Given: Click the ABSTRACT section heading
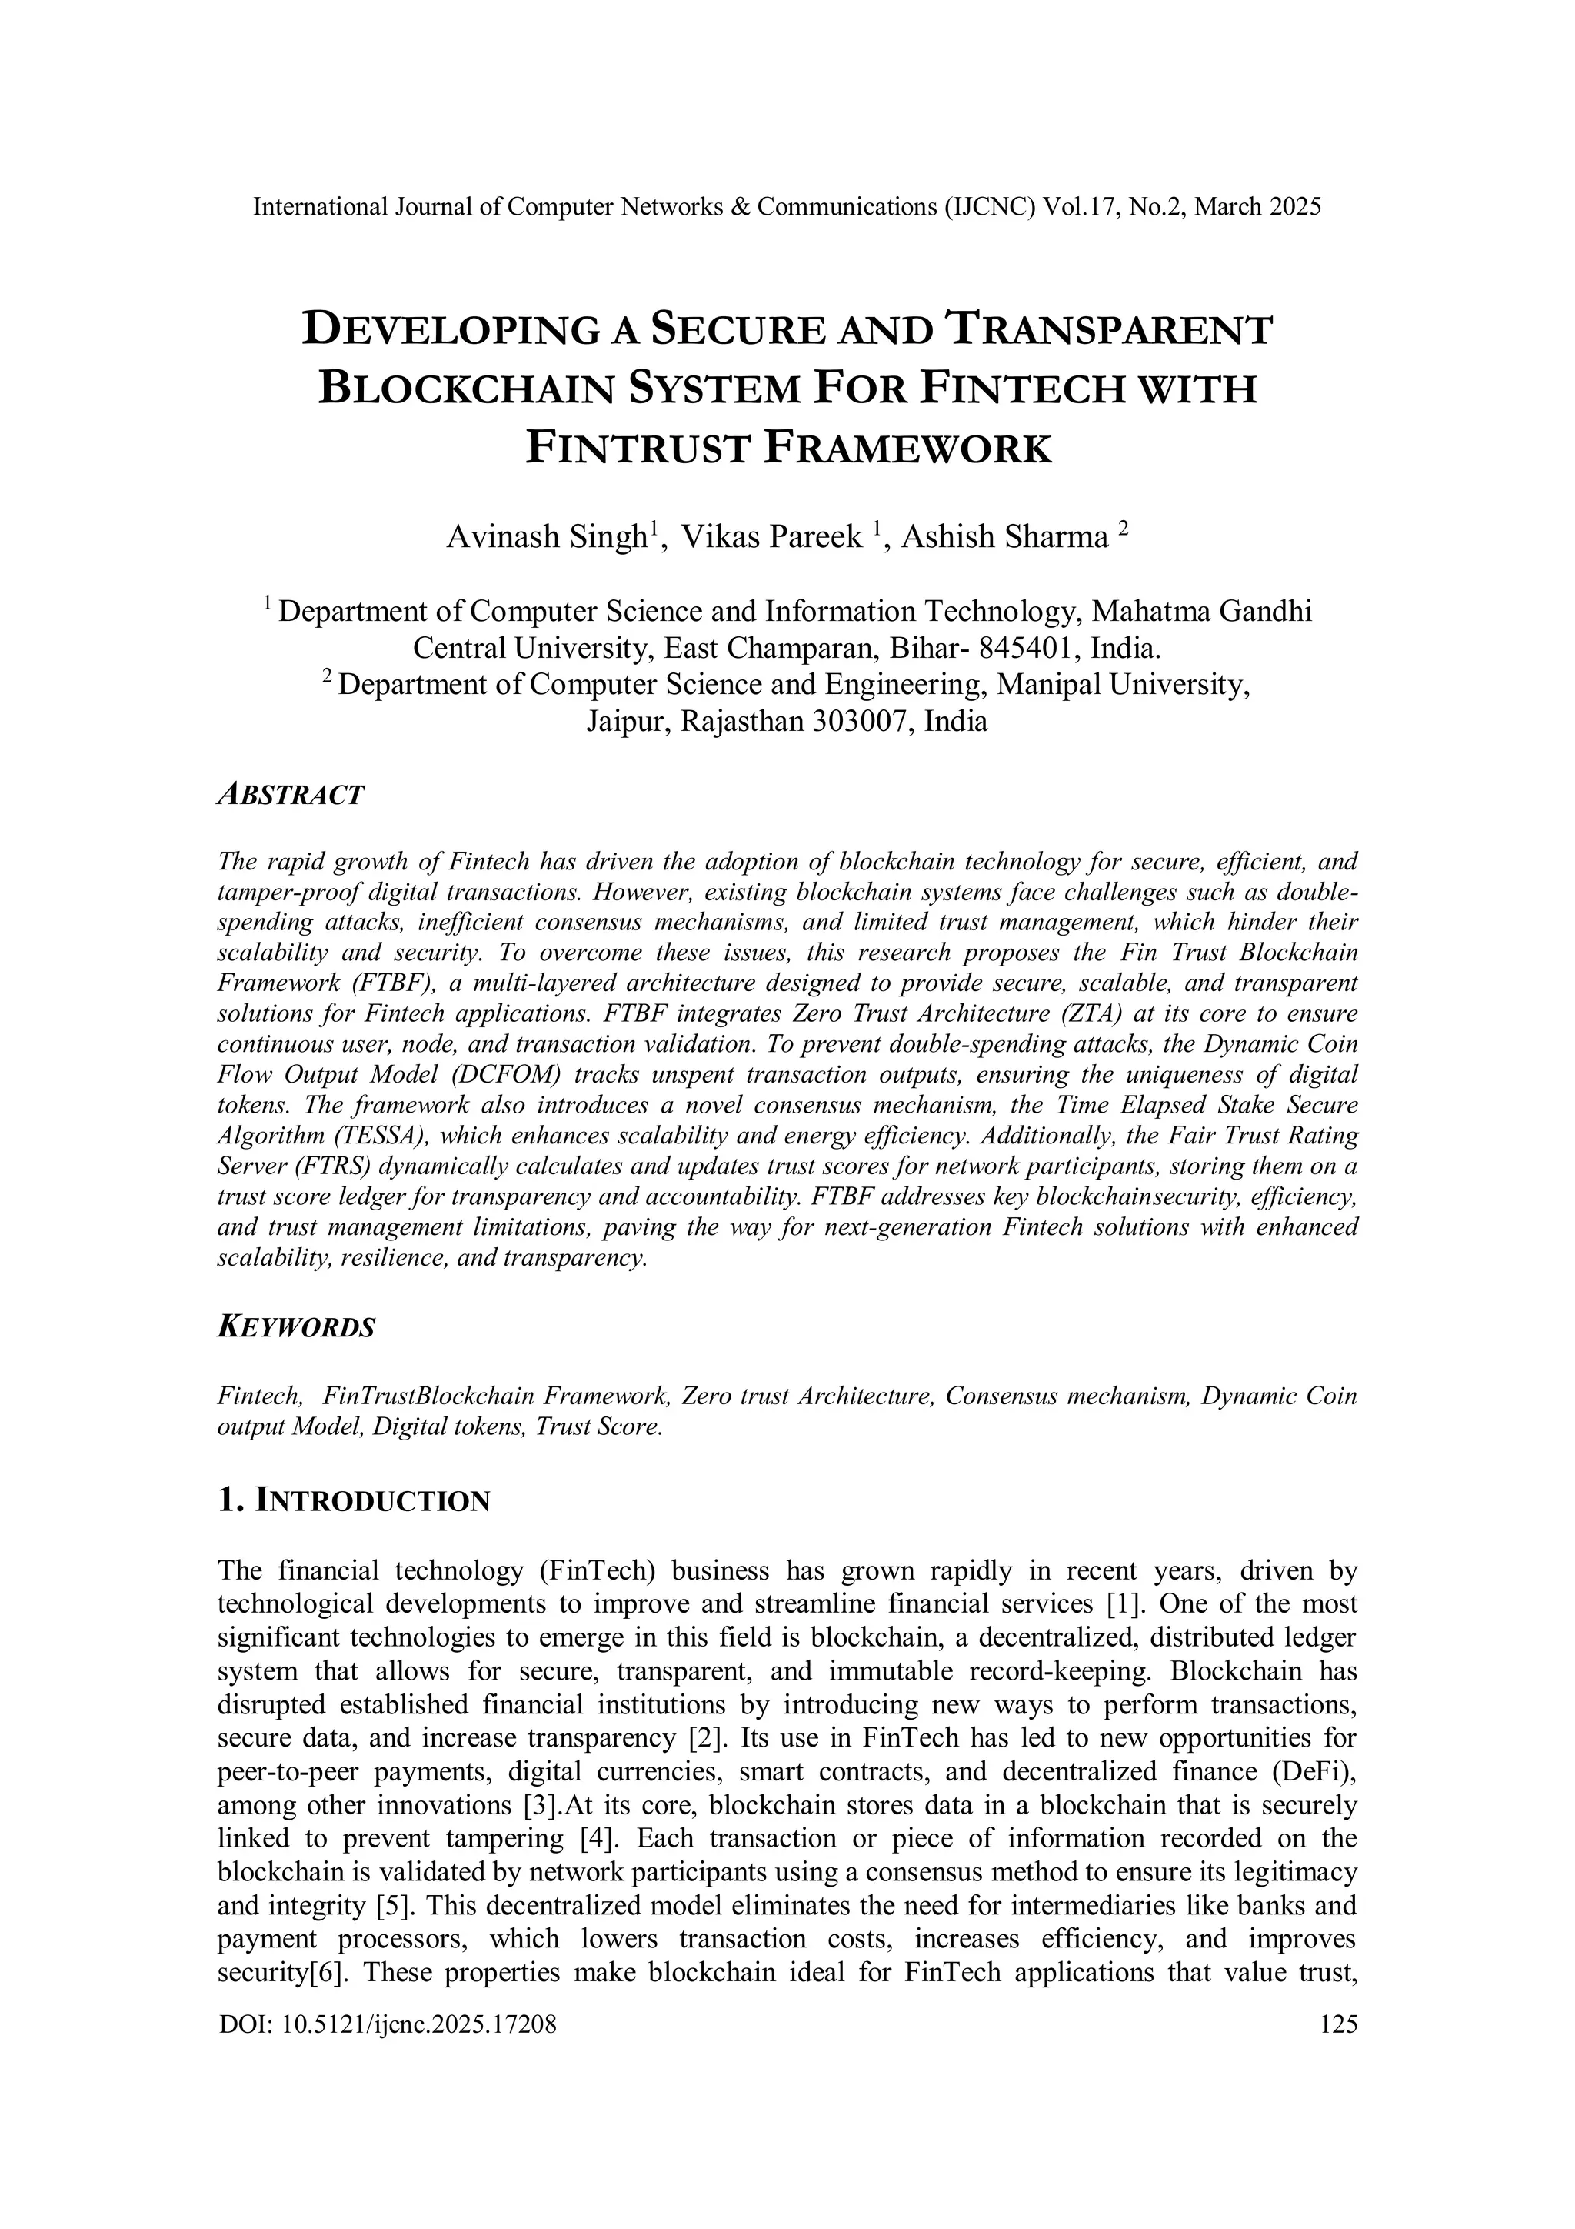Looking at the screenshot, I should tap(290, 795).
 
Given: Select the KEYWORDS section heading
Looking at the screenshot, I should tap(296, 1327).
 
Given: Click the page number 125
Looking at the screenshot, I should tap(1338, 2024).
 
